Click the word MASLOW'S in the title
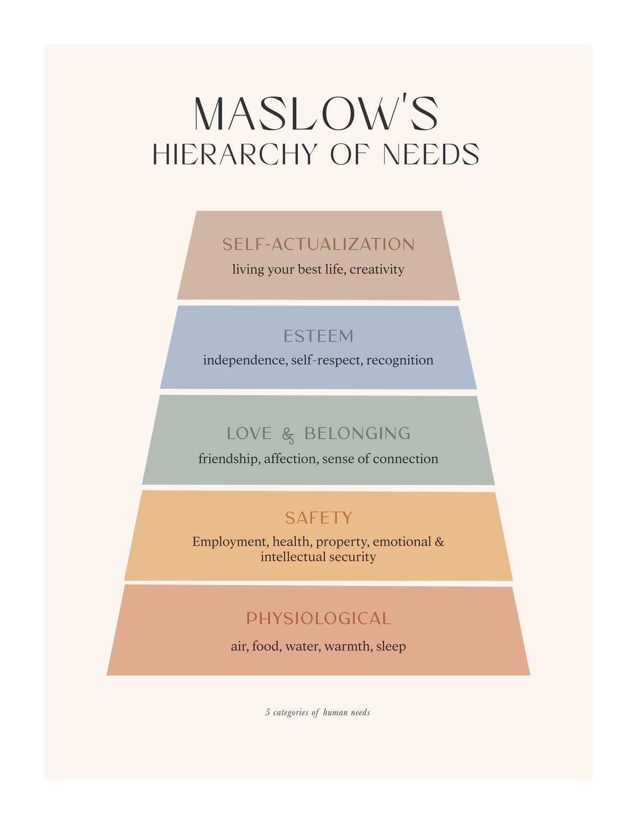pos(316,113)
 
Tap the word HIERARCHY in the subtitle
pos(235,154)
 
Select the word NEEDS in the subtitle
pos(431,154)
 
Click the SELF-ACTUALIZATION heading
pos(318,244)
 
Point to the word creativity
pos(377,269)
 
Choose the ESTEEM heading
pos(318,336)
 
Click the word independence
pos(245,360)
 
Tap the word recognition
pos(400,360)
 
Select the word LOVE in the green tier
pos(249,433)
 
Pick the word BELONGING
pos(357,433)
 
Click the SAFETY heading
pos(318,518)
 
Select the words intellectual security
pos(318,557)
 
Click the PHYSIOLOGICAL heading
pos(318,618)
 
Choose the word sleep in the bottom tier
pos(391,646)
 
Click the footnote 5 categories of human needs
pos(318,712)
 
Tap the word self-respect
pos(326,360)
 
